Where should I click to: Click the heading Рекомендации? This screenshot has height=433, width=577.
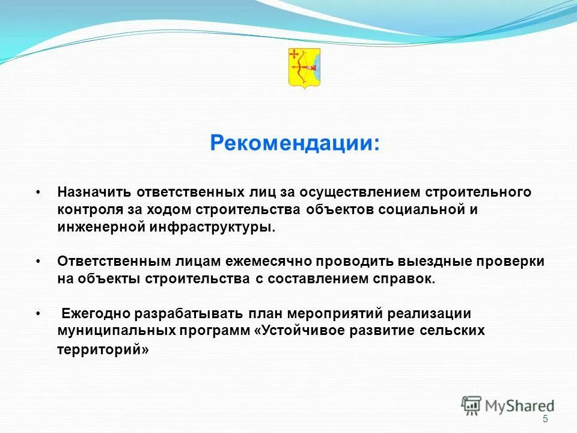point(295,143)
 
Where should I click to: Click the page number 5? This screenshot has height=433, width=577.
point(545,419)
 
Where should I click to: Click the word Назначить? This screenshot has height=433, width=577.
point(94,192)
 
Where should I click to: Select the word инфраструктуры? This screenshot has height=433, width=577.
point(222,227)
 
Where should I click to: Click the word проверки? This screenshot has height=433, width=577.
point(513,262)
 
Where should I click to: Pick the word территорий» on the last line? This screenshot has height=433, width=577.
point(103,350)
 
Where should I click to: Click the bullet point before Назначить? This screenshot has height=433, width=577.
point(38,192)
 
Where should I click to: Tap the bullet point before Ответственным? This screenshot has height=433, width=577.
point(38,262)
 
